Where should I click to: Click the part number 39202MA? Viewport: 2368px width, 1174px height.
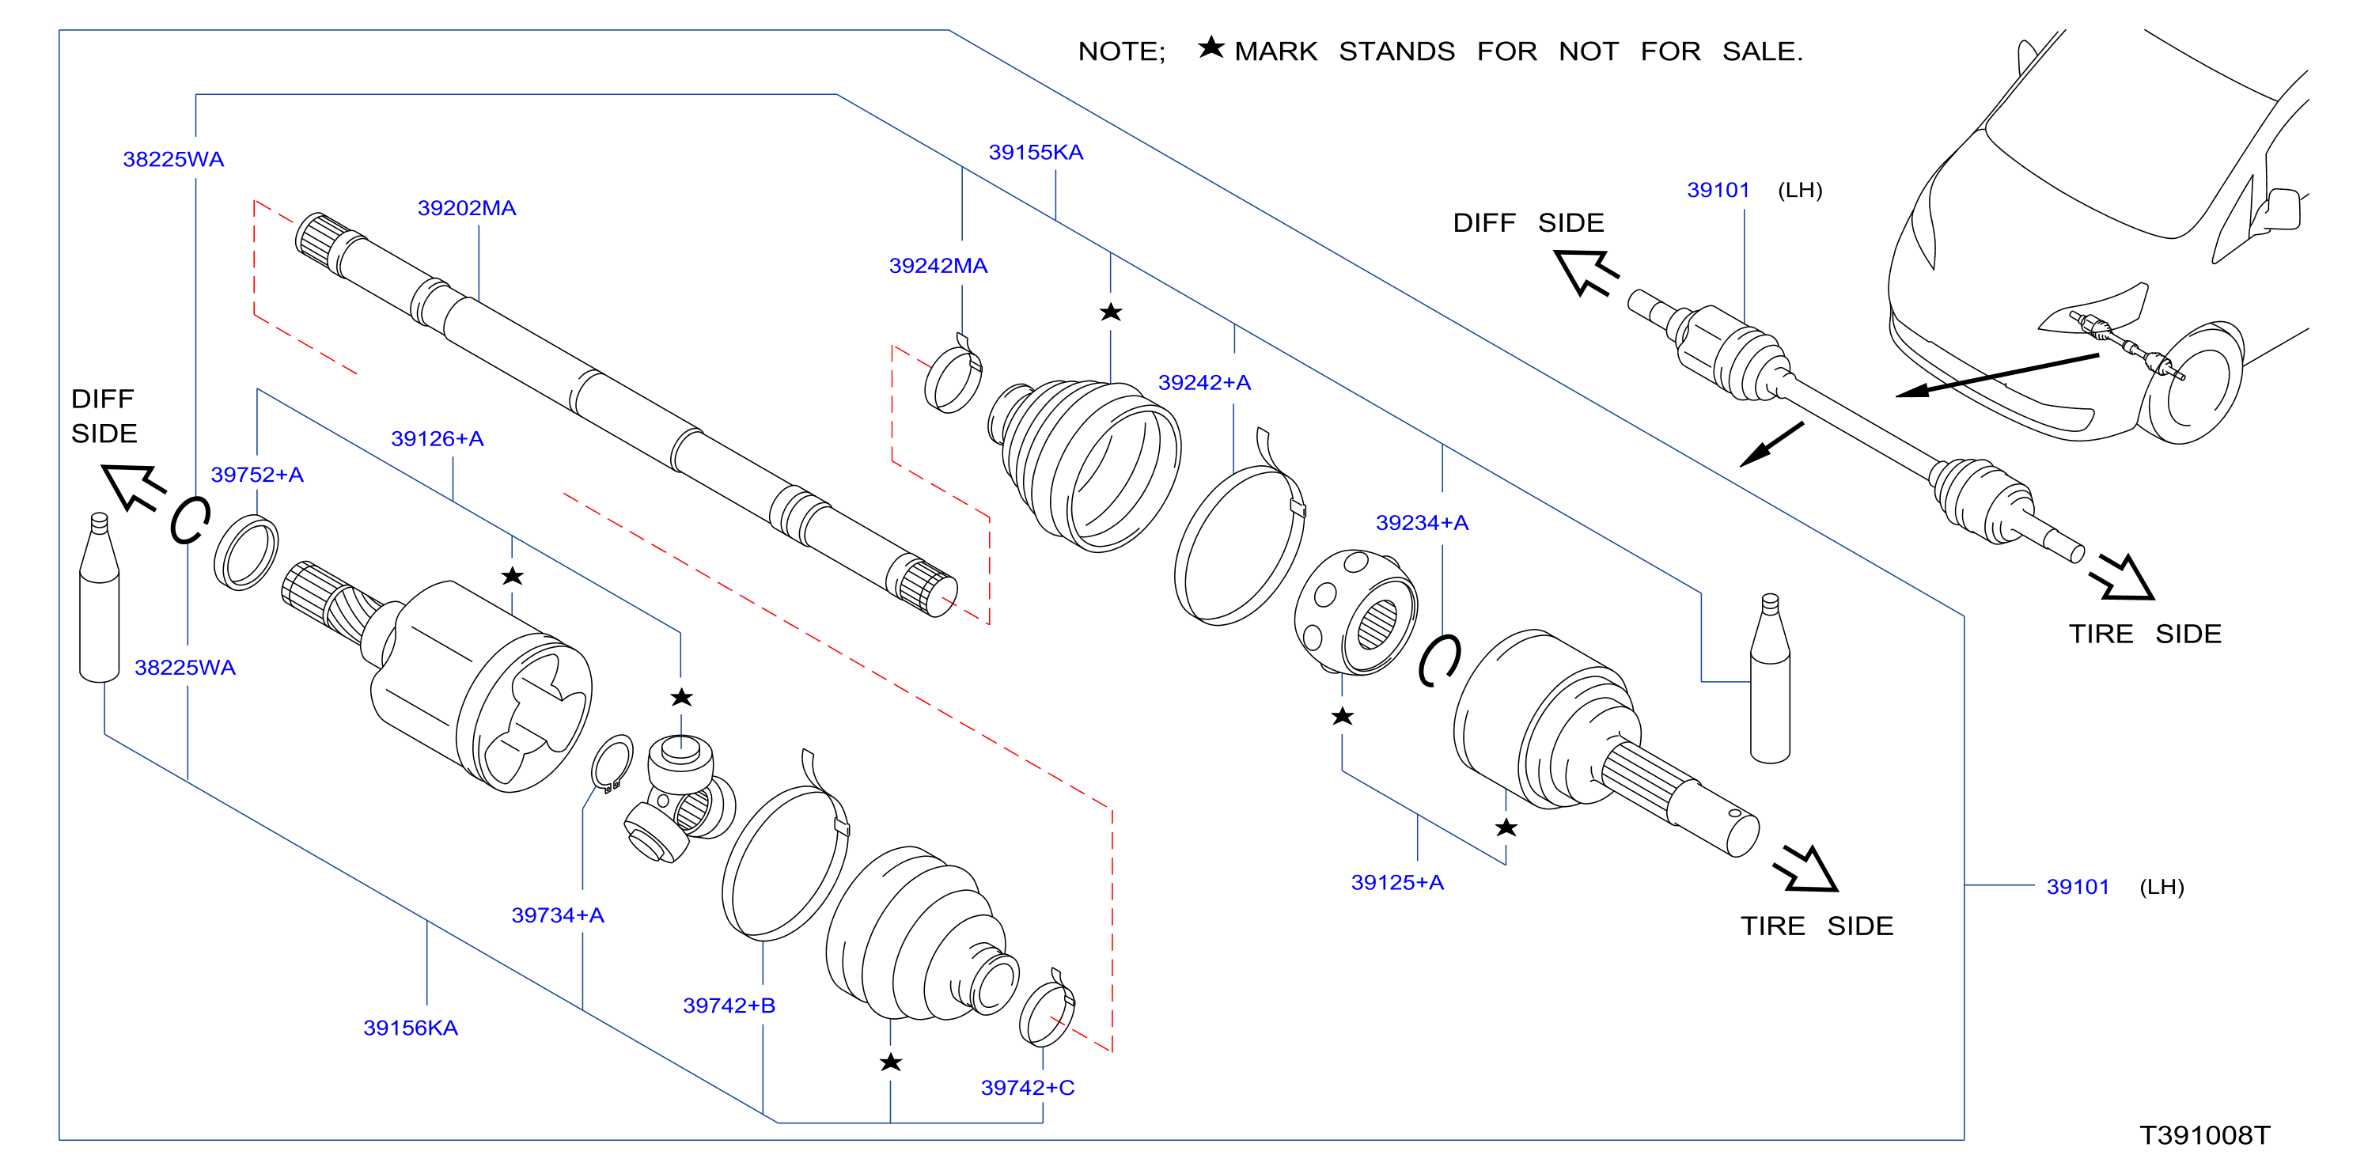tap(466, 208)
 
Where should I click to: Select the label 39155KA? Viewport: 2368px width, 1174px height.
tap(1035, 152)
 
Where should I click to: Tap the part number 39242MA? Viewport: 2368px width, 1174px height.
tap(938, 266)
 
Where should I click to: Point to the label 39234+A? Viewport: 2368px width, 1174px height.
tap(1421, 522)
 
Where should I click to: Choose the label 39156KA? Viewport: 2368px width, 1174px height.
tap(410, 1027)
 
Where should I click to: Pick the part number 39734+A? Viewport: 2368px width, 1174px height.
tap(557, 915)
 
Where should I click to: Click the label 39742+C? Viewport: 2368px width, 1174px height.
tap(1027, 1088)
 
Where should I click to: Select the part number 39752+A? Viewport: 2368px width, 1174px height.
tap(256, 475)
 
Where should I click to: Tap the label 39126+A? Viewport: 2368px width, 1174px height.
tap(437, 438)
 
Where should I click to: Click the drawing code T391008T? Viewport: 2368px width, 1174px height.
tap(2204, 1135)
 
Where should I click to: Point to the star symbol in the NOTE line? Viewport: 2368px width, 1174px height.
tap(1211, 47)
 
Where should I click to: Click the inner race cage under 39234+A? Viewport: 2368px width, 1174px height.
tap(1355, 612)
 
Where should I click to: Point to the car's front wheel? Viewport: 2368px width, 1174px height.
tap(2191, 381)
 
